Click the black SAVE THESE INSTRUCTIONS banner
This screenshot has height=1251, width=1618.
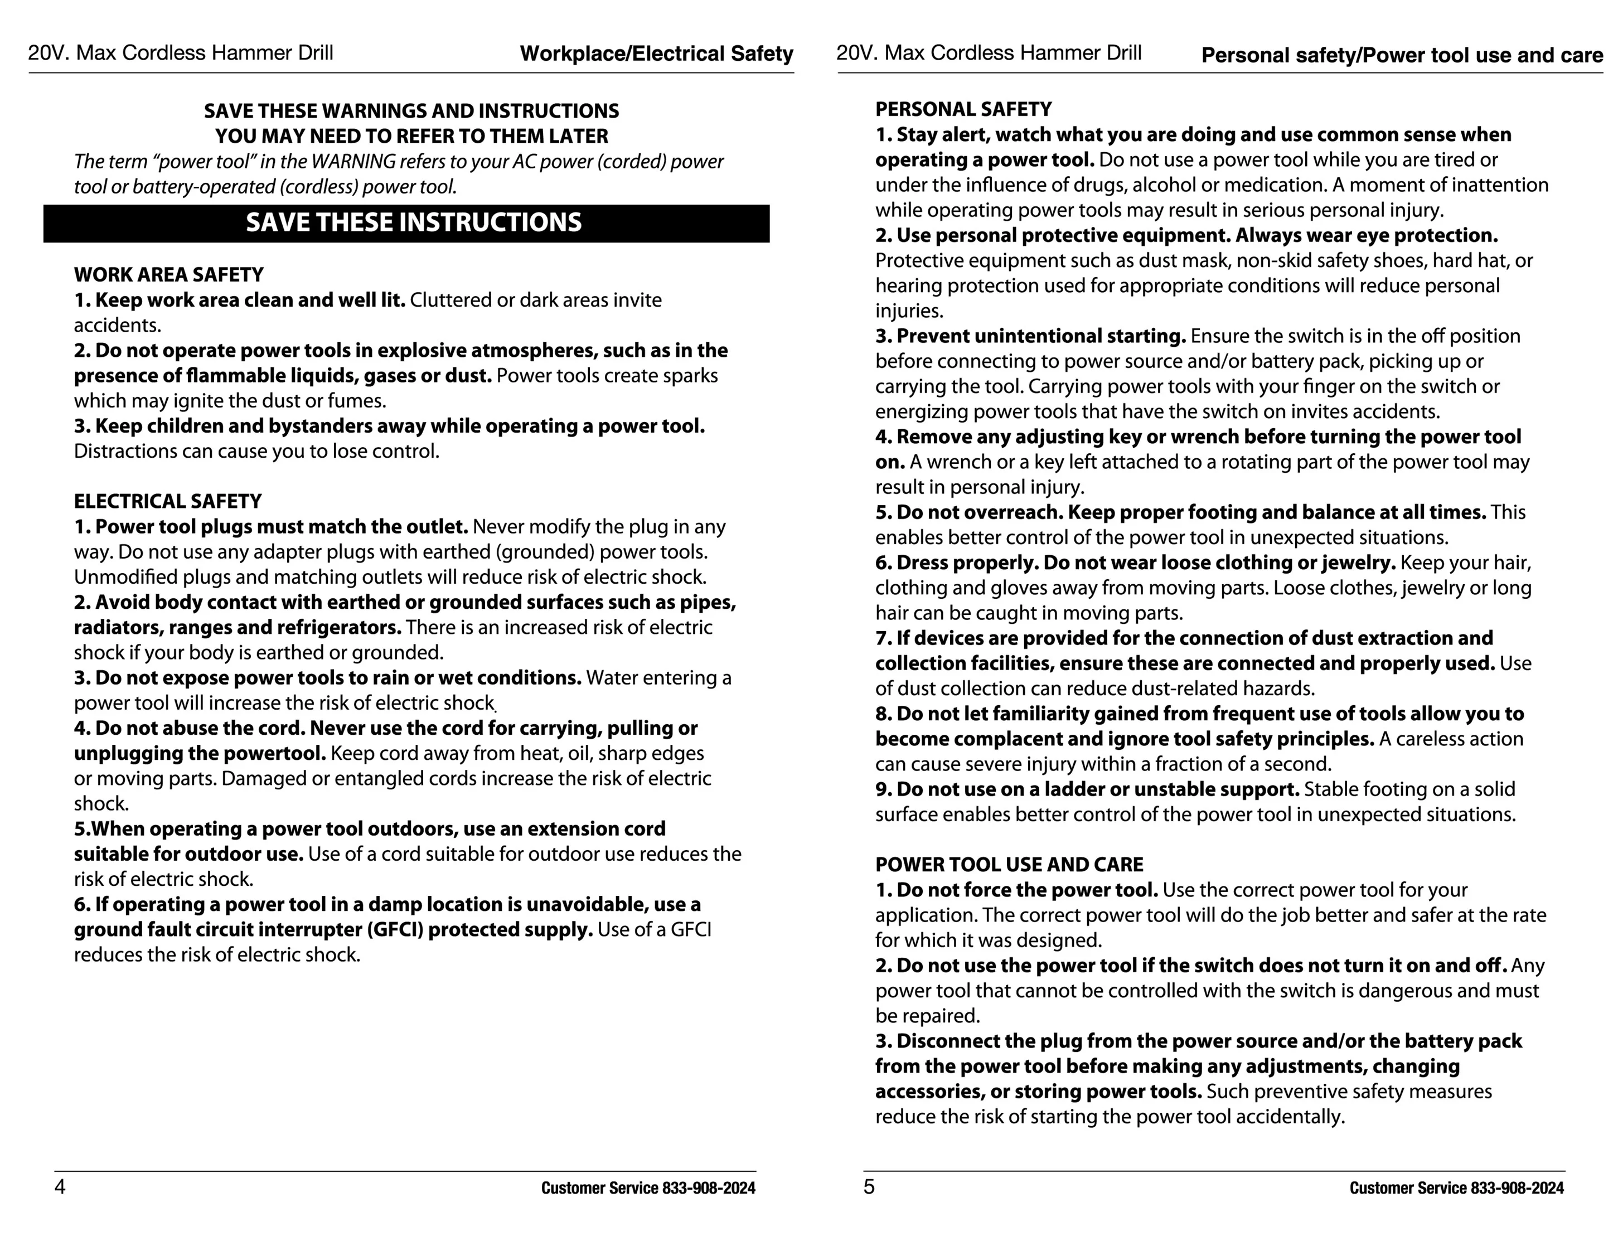(x=406, y=223)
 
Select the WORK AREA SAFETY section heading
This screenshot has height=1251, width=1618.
(x=168, y=275)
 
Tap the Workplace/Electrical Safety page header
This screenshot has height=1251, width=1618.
(x=656, y=54)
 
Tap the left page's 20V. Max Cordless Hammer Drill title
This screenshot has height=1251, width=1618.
(x=181, y=52)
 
